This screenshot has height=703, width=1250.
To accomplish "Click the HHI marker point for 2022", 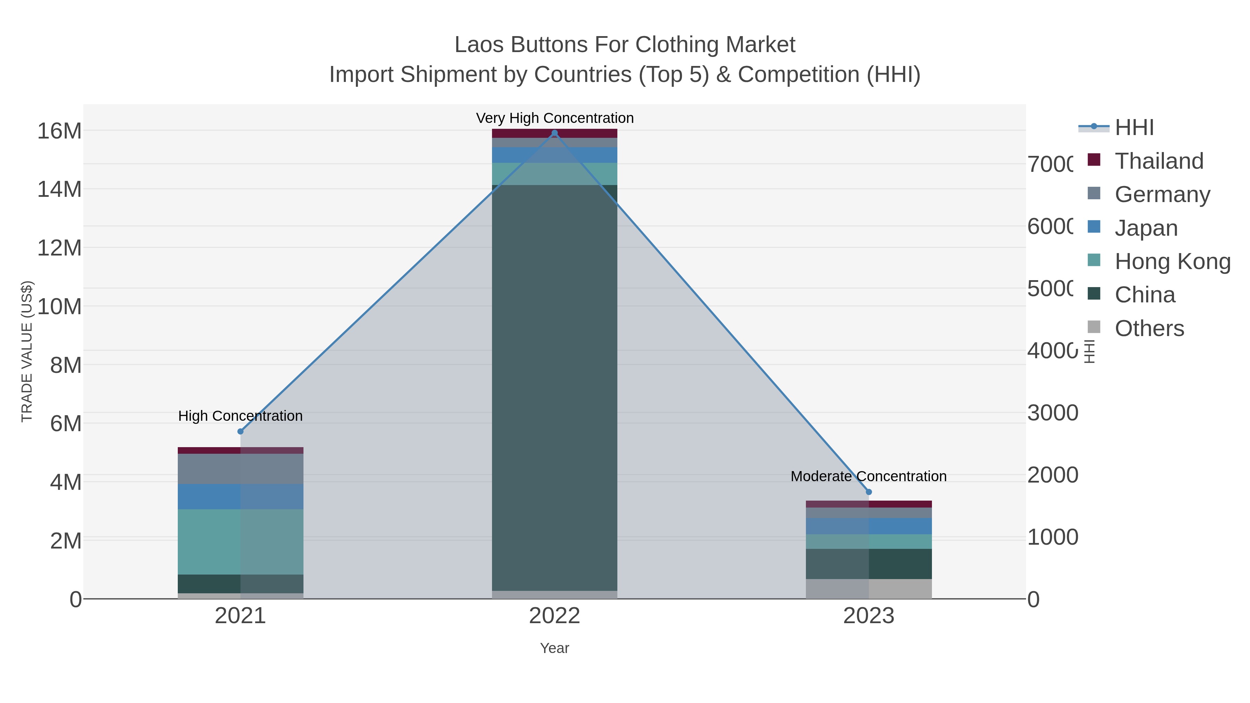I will pos(555,133).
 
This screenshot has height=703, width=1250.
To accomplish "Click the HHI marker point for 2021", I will pos(240,431).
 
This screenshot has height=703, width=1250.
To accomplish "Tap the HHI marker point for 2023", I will pos(869,492).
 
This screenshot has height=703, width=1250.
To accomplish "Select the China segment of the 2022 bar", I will pos(555,388).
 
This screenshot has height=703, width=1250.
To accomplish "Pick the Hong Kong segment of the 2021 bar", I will pos(240,542).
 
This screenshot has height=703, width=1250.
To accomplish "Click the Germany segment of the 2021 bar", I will pos(240,469).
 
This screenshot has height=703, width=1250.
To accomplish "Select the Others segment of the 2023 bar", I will pos(869,588).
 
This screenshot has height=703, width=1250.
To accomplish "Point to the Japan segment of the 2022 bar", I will pos(555,155).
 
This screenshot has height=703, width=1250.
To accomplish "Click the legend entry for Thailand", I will pos(1159,161).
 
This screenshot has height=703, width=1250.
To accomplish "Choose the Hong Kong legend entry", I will pos(1172,261).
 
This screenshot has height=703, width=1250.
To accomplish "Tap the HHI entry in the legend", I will pos(1134,128).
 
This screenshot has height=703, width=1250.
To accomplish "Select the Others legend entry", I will pos(1149,328).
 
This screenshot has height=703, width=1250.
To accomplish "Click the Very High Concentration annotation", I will pos(555,118).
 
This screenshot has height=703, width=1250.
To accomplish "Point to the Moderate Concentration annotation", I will pos(869,476).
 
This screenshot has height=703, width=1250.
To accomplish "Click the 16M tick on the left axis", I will pos(59,131).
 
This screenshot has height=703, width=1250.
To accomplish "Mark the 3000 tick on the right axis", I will pos(1052,413).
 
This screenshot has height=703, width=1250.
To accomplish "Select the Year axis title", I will pos(555,648).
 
